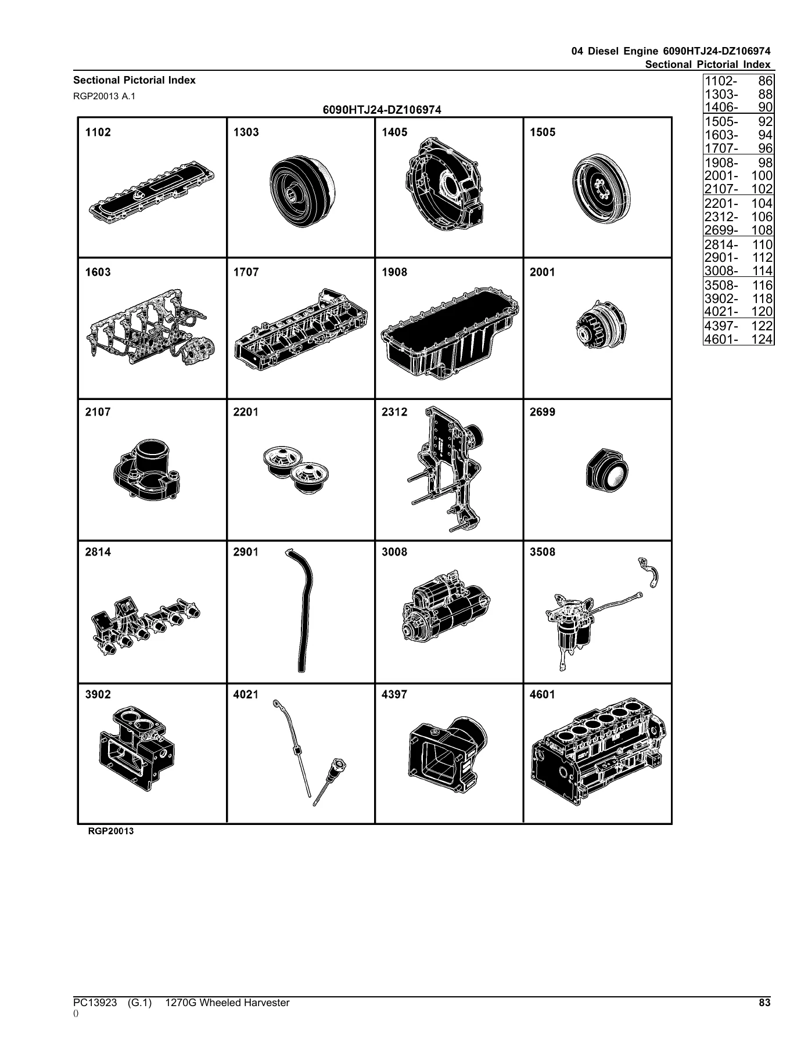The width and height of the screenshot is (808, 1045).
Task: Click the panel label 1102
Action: [x=98, y=132]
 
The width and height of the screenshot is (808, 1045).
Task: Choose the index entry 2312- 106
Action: [x=738, y=217]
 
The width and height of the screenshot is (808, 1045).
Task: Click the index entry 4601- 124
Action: [x=738, y=338]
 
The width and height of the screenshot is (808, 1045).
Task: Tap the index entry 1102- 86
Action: [x=738, y=81]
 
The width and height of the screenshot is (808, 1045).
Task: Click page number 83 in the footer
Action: [x=764, y=1003]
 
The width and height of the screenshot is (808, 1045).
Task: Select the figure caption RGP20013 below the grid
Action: [x=111, y=831]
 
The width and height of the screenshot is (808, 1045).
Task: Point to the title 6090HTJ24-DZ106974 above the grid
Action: [x=382, y=110]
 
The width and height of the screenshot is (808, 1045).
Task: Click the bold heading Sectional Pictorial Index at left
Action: [x=134, y=80]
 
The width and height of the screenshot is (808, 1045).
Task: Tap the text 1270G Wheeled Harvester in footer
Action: [x=227, y=1003]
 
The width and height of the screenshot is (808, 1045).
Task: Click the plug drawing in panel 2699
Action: [x=606, y=470]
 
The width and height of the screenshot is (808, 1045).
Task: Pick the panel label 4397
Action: [x=394, y=694]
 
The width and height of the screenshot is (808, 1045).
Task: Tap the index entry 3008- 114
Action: [x=738, y=271]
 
